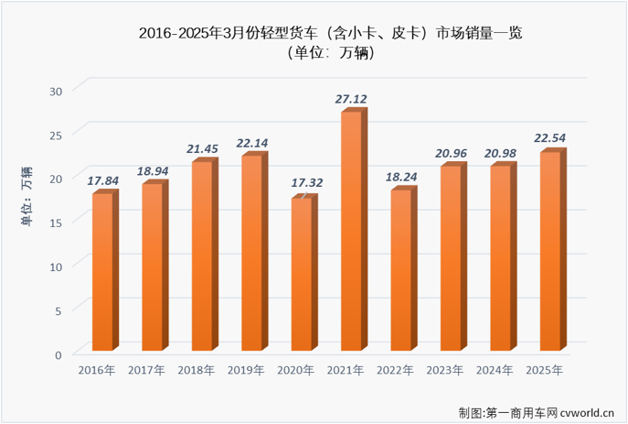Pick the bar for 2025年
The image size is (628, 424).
click(550, 251)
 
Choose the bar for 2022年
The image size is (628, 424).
click(401, 270)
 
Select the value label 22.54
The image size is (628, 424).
click(550, 138)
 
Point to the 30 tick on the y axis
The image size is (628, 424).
click(56, 91)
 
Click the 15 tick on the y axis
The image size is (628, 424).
click(56, 223)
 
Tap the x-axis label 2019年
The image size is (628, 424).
click(245, 371)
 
